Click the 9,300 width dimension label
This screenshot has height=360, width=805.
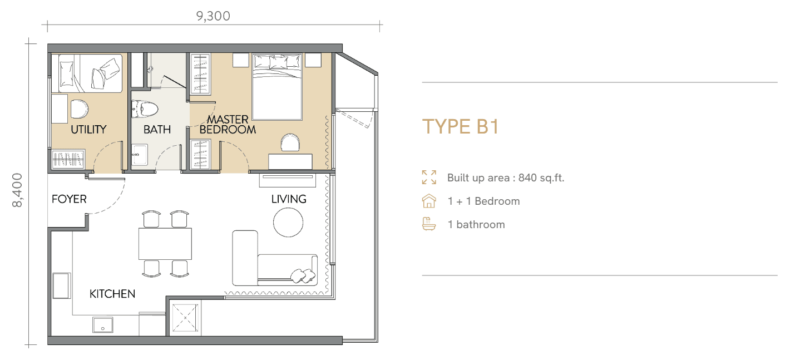(x=213, y=16)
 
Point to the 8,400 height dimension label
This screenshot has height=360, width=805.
(x=17, y=190)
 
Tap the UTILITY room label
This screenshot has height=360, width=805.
(x=88, y=129)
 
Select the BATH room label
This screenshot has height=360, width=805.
(x=157, y=129)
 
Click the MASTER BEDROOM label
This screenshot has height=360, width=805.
(x=228, y=124)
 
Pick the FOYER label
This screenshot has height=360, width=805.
(x=69, y=199)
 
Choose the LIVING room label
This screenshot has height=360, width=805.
(x=289, y=199)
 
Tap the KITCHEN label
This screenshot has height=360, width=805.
(x=112, y=294)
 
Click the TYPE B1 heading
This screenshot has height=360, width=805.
(x=461, y=126)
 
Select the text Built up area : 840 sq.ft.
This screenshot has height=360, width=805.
(x=506, y=178)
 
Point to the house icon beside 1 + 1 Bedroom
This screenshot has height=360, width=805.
(x=429, y=201)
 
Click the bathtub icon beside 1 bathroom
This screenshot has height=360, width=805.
(x=429, y=224)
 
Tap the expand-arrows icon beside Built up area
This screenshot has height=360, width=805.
(x=429, y=177)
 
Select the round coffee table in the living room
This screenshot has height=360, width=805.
(x=288, y=223)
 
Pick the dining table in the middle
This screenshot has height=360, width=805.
(x=165, y=244)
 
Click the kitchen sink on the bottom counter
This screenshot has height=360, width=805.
(x=103, y=325)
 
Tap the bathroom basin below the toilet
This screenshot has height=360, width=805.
(x=140, y=155)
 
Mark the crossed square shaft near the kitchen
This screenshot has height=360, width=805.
(x=185, y=318)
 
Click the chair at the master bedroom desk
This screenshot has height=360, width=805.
(x=290, y=142)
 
